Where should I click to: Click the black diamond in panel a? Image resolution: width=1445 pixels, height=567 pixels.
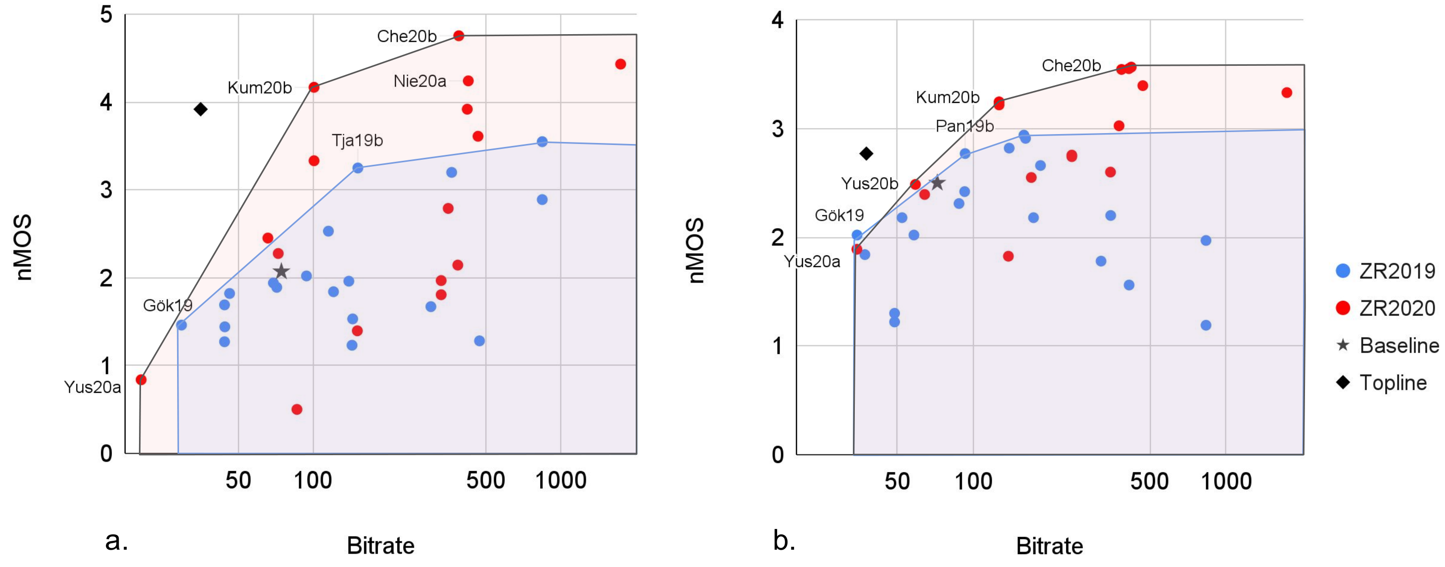(x=200, y=109)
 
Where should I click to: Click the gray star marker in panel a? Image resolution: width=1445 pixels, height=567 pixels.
(x=281, y=272)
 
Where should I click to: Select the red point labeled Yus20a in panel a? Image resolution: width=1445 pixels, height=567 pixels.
(x=141, y=379)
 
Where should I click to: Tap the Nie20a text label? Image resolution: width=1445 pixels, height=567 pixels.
(x=420, y=81)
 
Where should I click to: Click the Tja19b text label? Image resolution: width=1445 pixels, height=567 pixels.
(x=357, y=140)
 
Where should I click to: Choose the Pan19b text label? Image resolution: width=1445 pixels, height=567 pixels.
(x=964, y=126)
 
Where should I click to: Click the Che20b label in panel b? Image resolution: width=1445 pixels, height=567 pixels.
(x=1071, y=66)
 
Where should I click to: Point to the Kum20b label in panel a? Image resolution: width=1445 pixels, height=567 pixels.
(x=260, y=88)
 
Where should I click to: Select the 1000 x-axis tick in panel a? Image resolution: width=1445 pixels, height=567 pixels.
(x=560, y=480)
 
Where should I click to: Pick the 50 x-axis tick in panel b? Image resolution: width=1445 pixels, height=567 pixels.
(x=896, y=481)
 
